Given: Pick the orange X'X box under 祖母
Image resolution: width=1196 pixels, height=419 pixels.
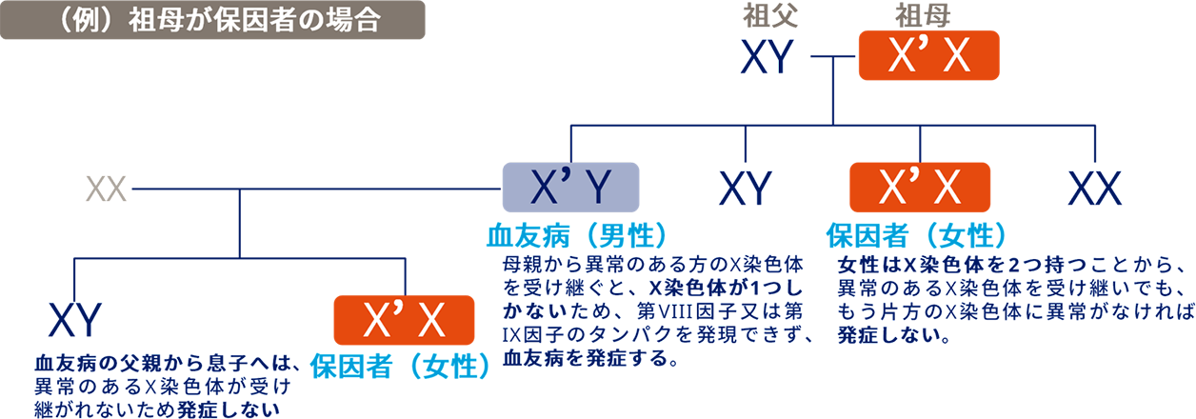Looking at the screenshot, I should point(928,59).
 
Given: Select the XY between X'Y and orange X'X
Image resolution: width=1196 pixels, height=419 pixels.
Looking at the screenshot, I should point(746,188).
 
